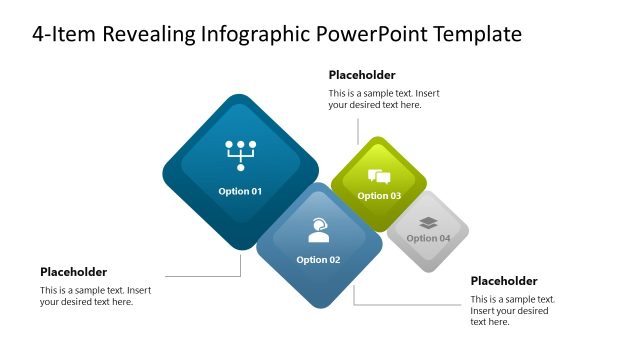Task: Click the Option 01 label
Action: (x=240, y=190)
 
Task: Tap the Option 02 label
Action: (x=318, y=260)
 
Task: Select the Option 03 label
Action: (x=379, y=196)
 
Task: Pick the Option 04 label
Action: (x=428, y=238)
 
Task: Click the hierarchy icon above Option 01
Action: (x=240, y=155)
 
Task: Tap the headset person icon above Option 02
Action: (x=318, y=231)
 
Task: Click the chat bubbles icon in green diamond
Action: (x=379, y=177)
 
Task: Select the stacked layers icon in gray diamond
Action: (x=428, y=222)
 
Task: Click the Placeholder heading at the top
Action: (x=362, y=75)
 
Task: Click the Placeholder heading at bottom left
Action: (x=73, y=272)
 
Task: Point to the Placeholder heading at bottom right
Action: (x=504, y=281)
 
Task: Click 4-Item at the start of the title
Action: (x=60, y=35)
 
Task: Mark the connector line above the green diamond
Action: (x=357, y=130)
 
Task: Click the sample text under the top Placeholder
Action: (x=384, y=99)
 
